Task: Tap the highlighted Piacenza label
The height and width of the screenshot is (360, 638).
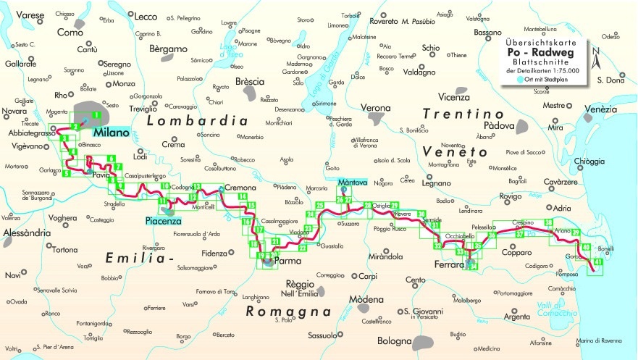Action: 163,221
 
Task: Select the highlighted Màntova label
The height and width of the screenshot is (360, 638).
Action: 352,182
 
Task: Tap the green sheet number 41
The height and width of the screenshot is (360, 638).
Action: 597,261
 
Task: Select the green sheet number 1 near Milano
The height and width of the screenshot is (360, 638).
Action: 96,115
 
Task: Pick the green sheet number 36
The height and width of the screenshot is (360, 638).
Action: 492,234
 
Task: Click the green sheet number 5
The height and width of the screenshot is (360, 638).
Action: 66,173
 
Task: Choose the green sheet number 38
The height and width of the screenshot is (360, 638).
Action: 547,222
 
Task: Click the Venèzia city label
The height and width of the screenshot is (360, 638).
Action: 602,109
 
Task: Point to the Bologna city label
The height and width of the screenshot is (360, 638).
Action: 395,340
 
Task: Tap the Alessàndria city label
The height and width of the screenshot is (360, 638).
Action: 26,233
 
